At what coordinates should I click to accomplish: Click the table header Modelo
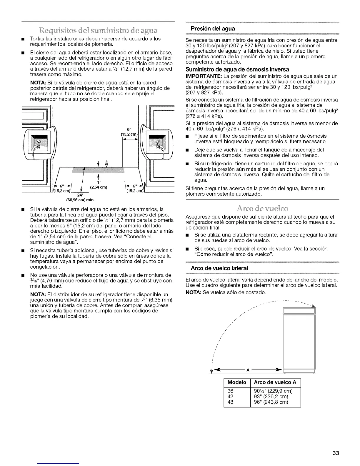tap(237, 382)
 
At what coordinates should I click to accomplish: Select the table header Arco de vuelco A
tap(275, 382)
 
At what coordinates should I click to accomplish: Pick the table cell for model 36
tap(231, 391)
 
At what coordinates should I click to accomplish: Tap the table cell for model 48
tap(231, 402)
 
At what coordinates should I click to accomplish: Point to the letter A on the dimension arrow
tap(248, 370)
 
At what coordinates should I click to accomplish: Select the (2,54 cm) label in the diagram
tap(98, 187)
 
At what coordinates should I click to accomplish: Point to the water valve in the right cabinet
tap(159, 144)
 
